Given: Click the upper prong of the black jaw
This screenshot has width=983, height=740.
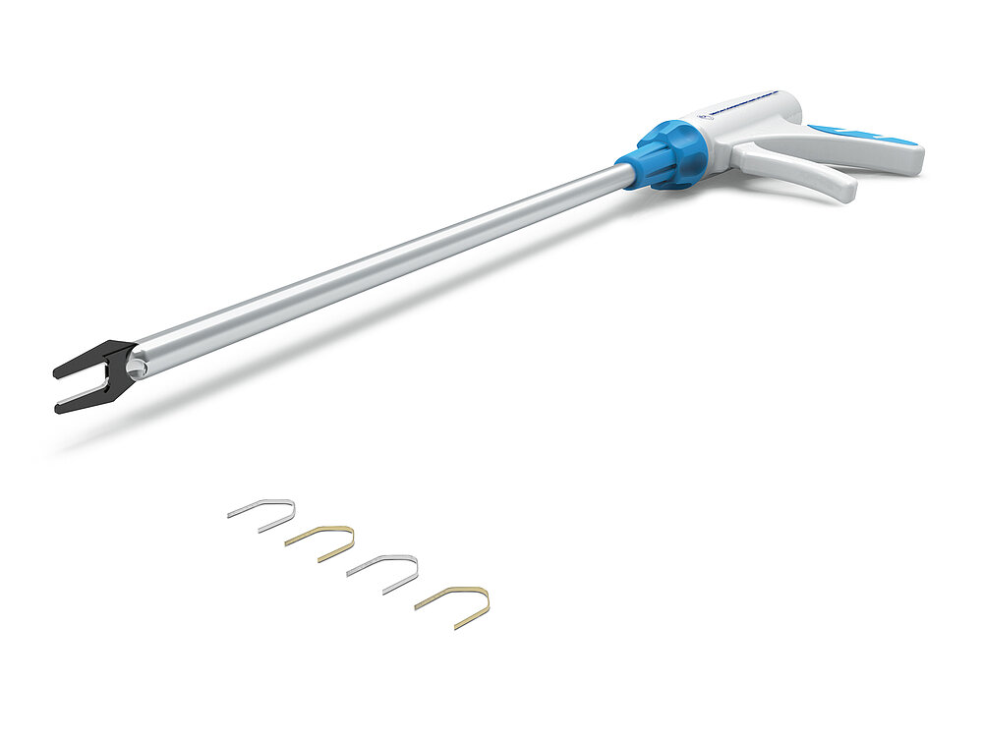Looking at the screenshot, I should click(83, 361).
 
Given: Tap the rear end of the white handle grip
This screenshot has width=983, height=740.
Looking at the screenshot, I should click(909, 157).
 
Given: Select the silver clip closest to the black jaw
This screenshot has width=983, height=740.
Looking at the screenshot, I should click(265, 513).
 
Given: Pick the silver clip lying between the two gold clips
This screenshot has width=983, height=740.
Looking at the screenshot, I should click(386, 570).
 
